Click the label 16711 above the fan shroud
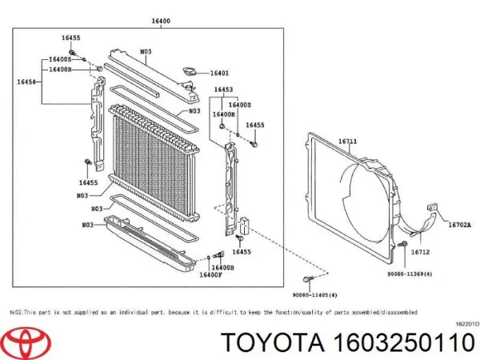(346, 142)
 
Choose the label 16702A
(459, 226)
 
